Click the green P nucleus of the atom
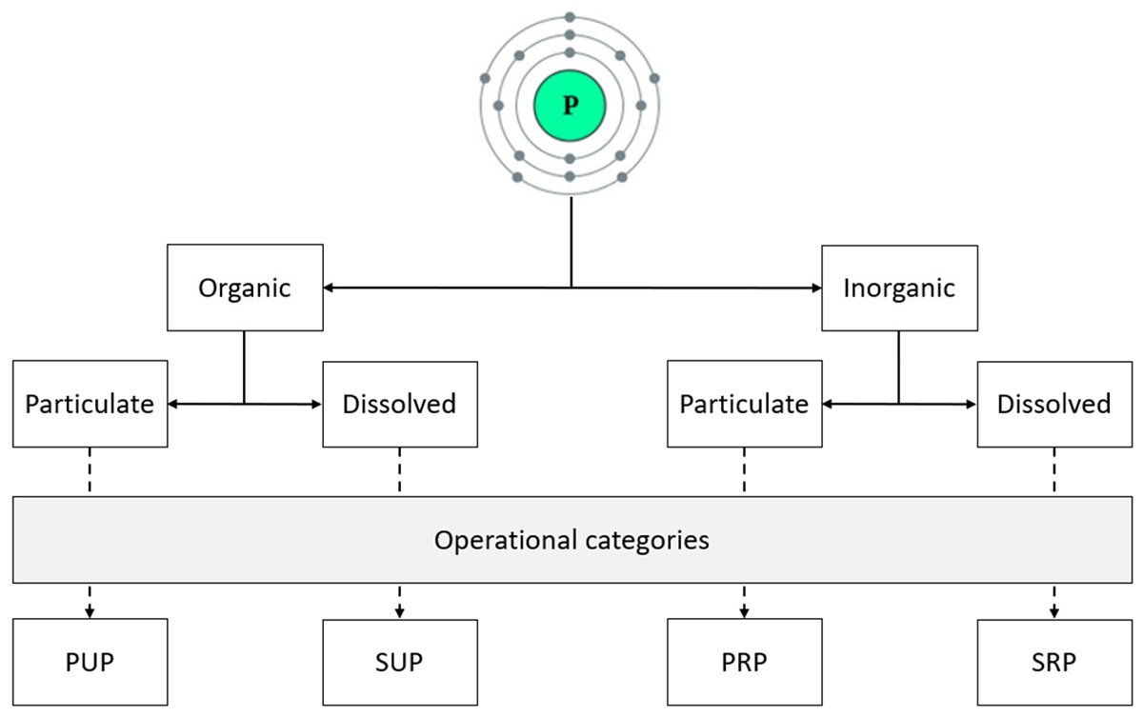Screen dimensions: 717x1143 (570, 106)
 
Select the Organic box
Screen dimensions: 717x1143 (245, 288)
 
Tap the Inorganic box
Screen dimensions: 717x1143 (899, 288)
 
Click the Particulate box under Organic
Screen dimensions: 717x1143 (90, 404)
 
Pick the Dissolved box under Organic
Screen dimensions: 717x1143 (400, 404)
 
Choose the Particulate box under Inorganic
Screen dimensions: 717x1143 (744, 404)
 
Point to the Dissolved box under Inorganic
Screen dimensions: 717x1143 (1054, 404)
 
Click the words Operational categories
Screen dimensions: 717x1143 (571, 540)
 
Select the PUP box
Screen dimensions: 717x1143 (90, 662)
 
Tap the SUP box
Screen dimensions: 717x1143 (400, 662)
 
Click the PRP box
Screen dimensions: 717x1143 (744, 662)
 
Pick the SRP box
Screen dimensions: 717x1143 (1054, 662)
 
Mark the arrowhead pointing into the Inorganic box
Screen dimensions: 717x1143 (815, 287)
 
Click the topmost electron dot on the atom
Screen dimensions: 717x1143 (570, 16)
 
